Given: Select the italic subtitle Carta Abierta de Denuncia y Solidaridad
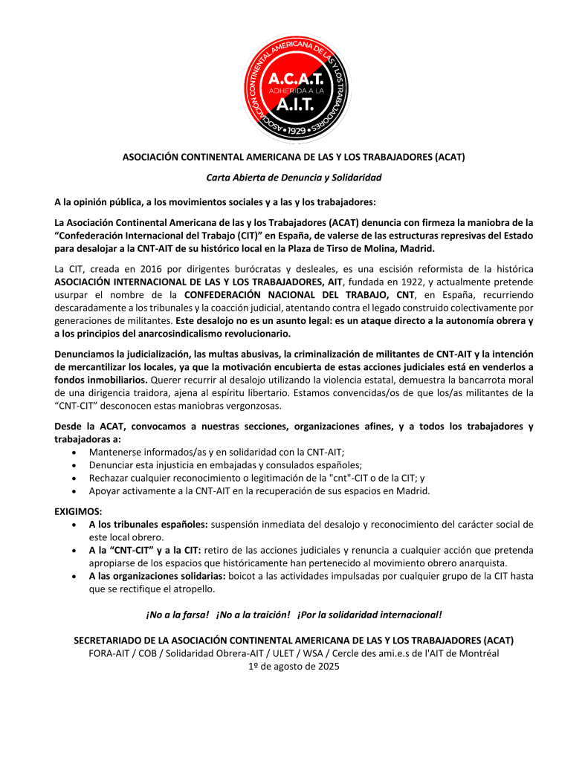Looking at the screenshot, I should click(294, 178).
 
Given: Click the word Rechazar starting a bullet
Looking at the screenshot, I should click(109, 478).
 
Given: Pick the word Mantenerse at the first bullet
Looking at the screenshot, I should click(115, 451).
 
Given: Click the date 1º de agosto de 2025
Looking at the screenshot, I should click(294, 667).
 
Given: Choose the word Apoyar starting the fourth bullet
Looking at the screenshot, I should click(105, 491).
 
